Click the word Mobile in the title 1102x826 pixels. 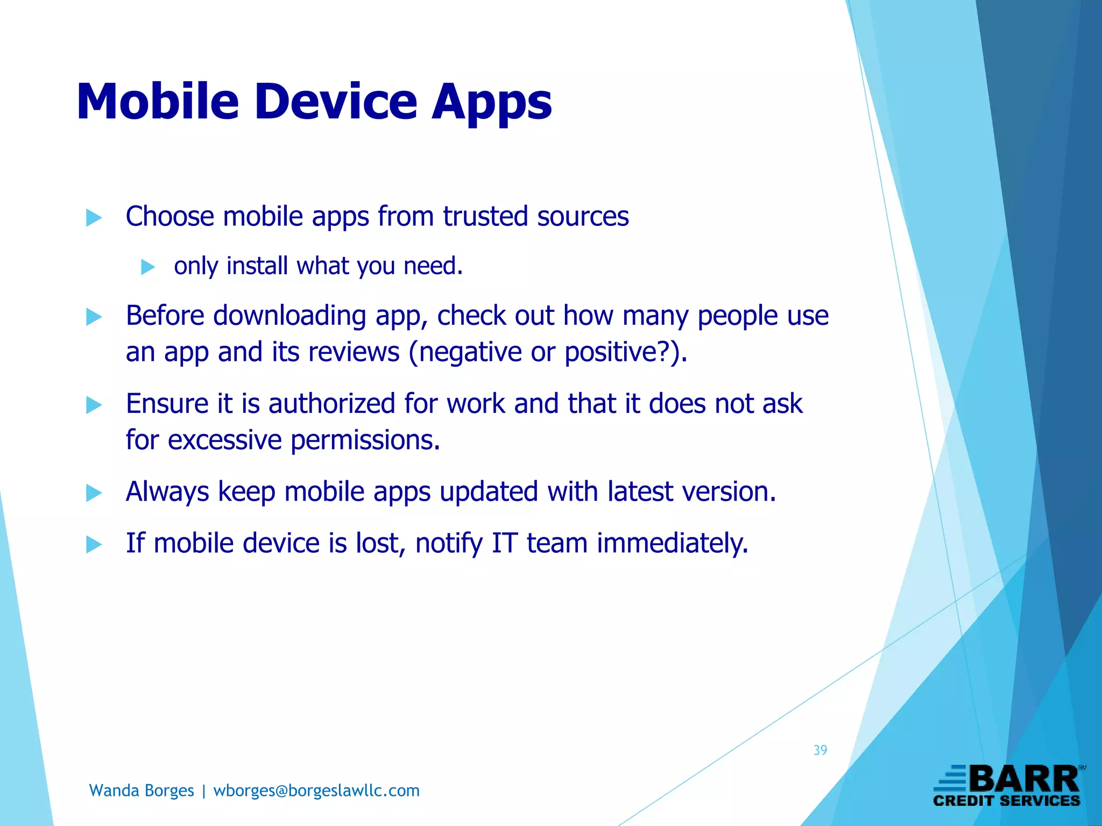click(x=158, y=102)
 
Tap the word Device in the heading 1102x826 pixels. click(x=336, y=102)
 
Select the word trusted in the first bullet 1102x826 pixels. click(x=485, y=216)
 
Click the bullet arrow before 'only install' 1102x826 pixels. click(x=147, y=267)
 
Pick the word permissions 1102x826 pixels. click(x=365, y=440)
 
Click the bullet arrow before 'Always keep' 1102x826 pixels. click(x=94, y=493)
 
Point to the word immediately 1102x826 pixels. click(x=673, y=543)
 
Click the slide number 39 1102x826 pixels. click(x=820, y=750)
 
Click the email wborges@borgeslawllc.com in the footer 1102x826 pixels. click(x=316, y=791)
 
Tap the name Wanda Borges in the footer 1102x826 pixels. click(x=142, y=791)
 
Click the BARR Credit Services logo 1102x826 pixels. click(x=1007, y=786)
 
